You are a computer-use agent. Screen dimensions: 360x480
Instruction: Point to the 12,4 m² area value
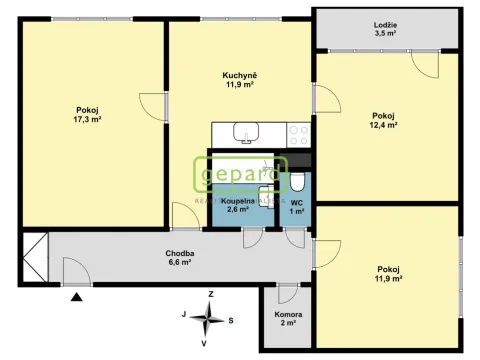[384, 126]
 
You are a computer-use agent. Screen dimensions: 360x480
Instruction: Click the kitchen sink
[244, 132]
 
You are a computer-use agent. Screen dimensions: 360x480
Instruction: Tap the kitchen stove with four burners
[297, 132]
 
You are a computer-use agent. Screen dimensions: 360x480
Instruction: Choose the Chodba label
[180, 253]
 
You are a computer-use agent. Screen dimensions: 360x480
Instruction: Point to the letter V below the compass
[205, 343]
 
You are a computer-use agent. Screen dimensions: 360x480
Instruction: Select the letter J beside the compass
[183, 314]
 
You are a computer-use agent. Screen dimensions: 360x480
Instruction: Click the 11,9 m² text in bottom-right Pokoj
[389, 279]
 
